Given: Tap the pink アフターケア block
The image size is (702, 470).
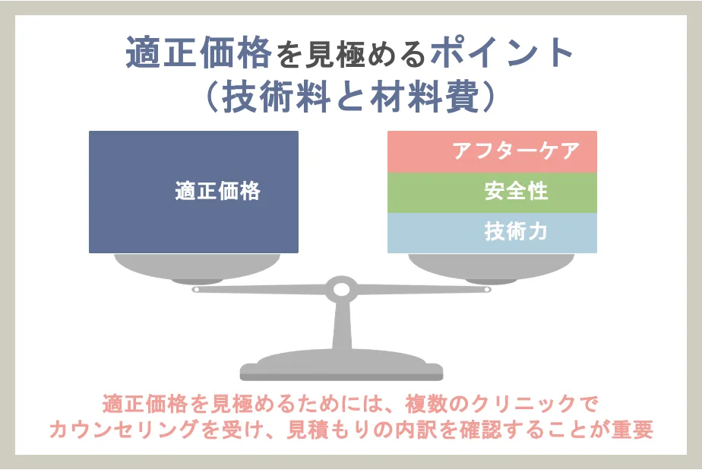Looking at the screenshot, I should pos(492,151).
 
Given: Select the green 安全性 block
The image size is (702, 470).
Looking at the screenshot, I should pos(492,191).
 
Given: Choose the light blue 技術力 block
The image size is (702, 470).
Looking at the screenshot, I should pos(492,233).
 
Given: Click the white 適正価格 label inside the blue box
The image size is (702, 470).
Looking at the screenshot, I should pos(217,191).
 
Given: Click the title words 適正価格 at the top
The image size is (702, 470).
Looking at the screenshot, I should pos(198,53).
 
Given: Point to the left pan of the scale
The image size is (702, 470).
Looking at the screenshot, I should pos(194,265).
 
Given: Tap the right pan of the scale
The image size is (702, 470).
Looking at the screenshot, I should pos(491,265).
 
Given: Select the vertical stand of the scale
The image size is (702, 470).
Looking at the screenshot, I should pos(341,327).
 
